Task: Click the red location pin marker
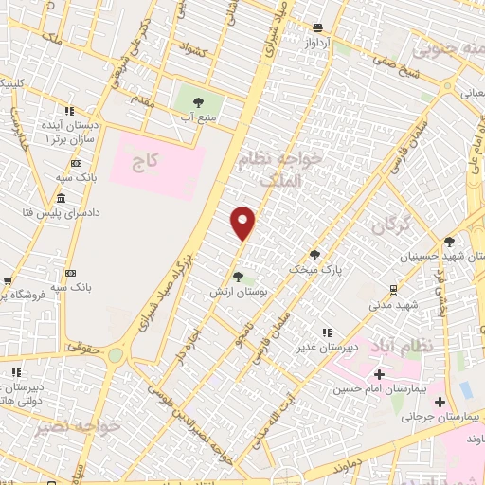coord(243,222)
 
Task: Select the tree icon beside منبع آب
coord(199,101)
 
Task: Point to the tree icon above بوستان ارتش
coord(237,278)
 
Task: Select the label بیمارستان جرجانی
coord(441,416)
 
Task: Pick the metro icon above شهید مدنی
coord(393,289)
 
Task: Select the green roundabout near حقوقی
coord(116,355)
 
